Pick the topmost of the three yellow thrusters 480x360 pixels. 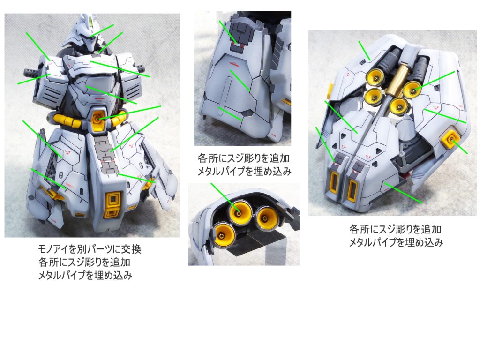coord(240,212)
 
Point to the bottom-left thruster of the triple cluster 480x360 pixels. coord(225,234)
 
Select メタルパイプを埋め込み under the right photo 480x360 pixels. coord(396,242)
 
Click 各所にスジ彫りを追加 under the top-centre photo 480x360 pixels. coord(244,158)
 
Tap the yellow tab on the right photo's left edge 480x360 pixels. coord(330,90)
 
